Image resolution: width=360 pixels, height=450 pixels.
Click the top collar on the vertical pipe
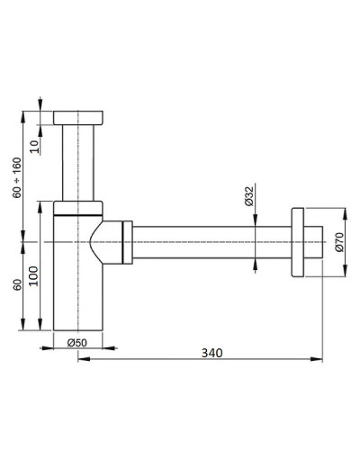click(80, 118)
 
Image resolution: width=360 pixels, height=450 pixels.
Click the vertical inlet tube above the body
click(79, 162)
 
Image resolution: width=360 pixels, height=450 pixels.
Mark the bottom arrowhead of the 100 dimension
click(41, 329)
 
